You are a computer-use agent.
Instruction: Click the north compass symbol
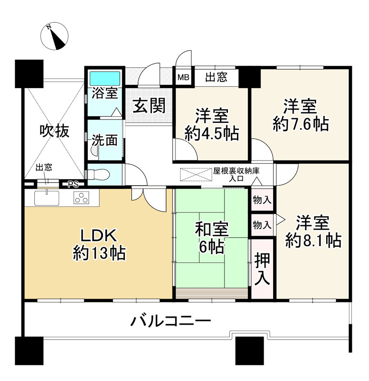click(x=56, y=36)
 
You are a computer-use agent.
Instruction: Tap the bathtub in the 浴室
click(x=105, y=78)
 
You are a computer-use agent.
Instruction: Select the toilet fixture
click(x=101, y=174)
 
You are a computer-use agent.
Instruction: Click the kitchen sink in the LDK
click(x=47, y=198)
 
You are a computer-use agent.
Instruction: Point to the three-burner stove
click(x=82, y=198)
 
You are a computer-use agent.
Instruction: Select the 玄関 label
click(x=149, y=106)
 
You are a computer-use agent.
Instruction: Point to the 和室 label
click(x=212, y=230)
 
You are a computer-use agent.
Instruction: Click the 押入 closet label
click(x=262, y=269)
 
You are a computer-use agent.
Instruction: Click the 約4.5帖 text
click(x=212, y=134)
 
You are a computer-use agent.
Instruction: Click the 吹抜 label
click(x=54, y=130)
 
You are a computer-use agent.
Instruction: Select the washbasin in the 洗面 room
click(x=94, y=151)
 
